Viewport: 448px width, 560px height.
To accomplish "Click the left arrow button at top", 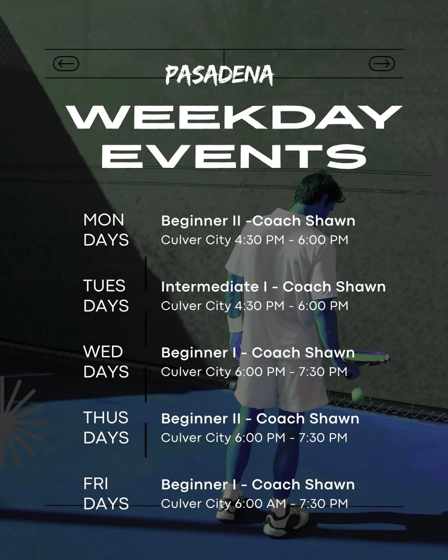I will pyautogui.click(x=66, y=64).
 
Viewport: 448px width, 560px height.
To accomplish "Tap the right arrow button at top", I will pyautogui.click(x=382, y=64).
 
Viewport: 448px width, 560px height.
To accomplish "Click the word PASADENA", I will pyautogui.click(x=219, y=75).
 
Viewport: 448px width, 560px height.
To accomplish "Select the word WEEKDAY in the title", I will pyautogui.click(x=234, y=118).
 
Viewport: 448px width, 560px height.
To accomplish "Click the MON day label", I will pyautogui.click(x=104, y=220).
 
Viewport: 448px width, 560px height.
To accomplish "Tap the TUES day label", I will pyautogui.click(x=104, y=286).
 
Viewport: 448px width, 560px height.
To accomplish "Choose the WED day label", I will pyautogui.click(x=103, y=352).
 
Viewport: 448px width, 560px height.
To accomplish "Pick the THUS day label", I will pyautogui.click(x=106, y=418).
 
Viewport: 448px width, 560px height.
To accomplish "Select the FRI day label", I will pyautogui.click(x=96, y=484).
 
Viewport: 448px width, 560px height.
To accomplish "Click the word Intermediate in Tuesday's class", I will pyautogui.click(x=210, y=287).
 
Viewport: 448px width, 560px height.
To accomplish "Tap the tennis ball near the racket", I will pyautogui.click(x=357, y=395).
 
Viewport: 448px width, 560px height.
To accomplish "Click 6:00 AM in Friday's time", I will pyautogui.click(x=261, y=504).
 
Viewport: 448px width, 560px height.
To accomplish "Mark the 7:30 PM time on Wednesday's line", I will pyautogui.click(x=323, y=372).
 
